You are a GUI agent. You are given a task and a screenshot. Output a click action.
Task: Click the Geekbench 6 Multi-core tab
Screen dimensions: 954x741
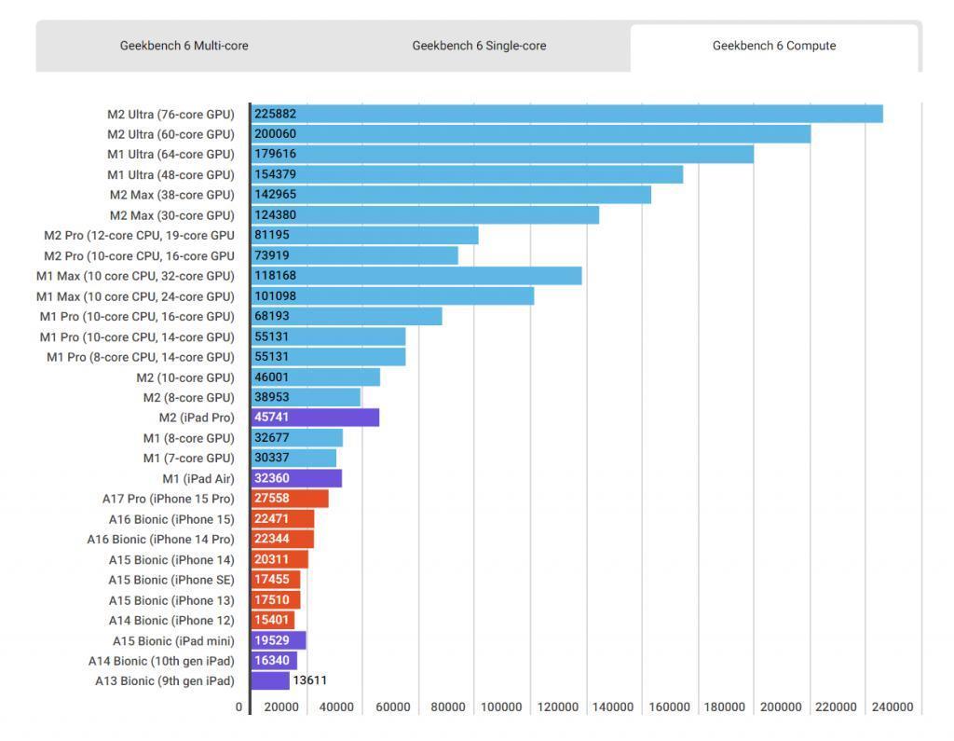click(x=184, y=46)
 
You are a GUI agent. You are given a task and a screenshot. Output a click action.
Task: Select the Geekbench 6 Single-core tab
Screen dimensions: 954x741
click(x=479, y=46)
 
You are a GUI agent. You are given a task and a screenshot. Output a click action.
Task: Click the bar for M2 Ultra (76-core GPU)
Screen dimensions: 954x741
click(x=567, y=114)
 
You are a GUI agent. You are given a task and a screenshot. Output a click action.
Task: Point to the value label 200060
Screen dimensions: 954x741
click(x=275, y=134)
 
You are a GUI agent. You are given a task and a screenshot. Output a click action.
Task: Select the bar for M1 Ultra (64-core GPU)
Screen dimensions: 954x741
click(x=502, y=154)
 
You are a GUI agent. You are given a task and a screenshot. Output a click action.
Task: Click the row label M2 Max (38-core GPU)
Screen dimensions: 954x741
click(x=172, y=195)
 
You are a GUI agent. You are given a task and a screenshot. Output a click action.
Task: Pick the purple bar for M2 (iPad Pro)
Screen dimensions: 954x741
click(x=315, y=417)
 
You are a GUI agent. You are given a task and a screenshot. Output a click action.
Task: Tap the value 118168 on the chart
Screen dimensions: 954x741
click(x=275, y=276)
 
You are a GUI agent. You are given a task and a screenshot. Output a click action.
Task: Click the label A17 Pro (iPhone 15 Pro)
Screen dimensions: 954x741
click(x=168, y=499)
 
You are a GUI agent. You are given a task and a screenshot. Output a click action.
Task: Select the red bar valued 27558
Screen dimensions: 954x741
click(x=290, y=498)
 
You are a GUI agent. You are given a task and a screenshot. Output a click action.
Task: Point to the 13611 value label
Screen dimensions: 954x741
click(x=309, y=680)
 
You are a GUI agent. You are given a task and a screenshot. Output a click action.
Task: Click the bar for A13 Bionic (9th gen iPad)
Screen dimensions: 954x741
click(x=270, y=680)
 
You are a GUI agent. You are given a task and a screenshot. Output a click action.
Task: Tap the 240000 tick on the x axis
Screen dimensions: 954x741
click(x=892, y=707)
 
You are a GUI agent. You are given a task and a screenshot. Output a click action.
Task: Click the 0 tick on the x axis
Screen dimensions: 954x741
click(x=238, y=707)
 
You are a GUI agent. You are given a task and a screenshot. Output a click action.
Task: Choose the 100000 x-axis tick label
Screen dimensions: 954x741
click(x=501, y=707)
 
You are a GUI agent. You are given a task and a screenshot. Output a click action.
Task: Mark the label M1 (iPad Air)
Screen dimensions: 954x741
click(x=198, y=478)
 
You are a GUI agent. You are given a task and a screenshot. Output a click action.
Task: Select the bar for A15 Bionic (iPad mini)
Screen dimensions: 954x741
click(x=279, y=640)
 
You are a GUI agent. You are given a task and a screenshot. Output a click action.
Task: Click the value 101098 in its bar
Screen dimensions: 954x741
click(x=275, y=295)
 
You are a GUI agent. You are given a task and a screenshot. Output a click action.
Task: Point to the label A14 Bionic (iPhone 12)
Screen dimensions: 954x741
click(x=171, y=621)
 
